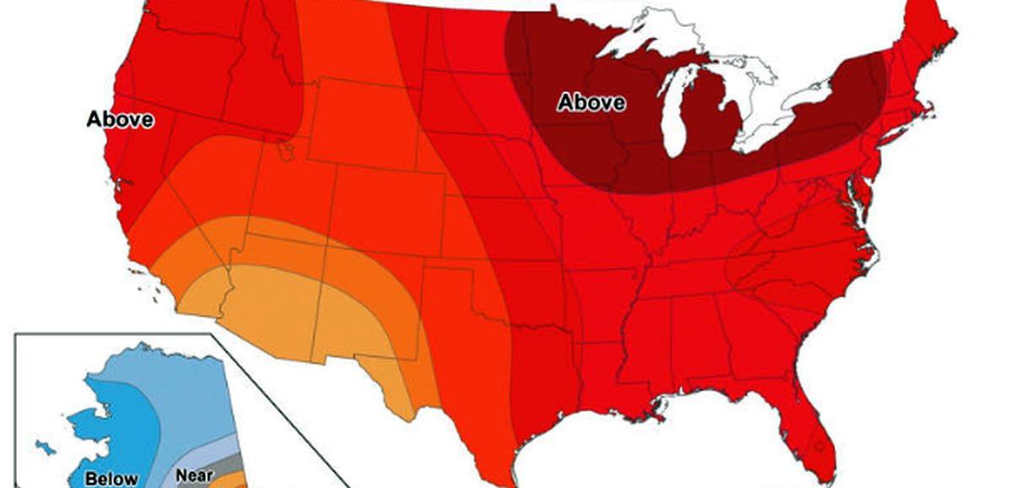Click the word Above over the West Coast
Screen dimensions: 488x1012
coord(121,120)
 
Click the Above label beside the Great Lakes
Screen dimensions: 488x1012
coord(592,103)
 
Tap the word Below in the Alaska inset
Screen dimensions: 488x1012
coord(110,479)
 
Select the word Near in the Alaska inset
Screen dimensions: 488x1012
coord(194,475)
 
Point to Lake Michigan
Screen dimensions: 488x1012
coord(676,118)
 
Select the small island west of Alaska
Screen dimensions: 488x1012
coord(39,442)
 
